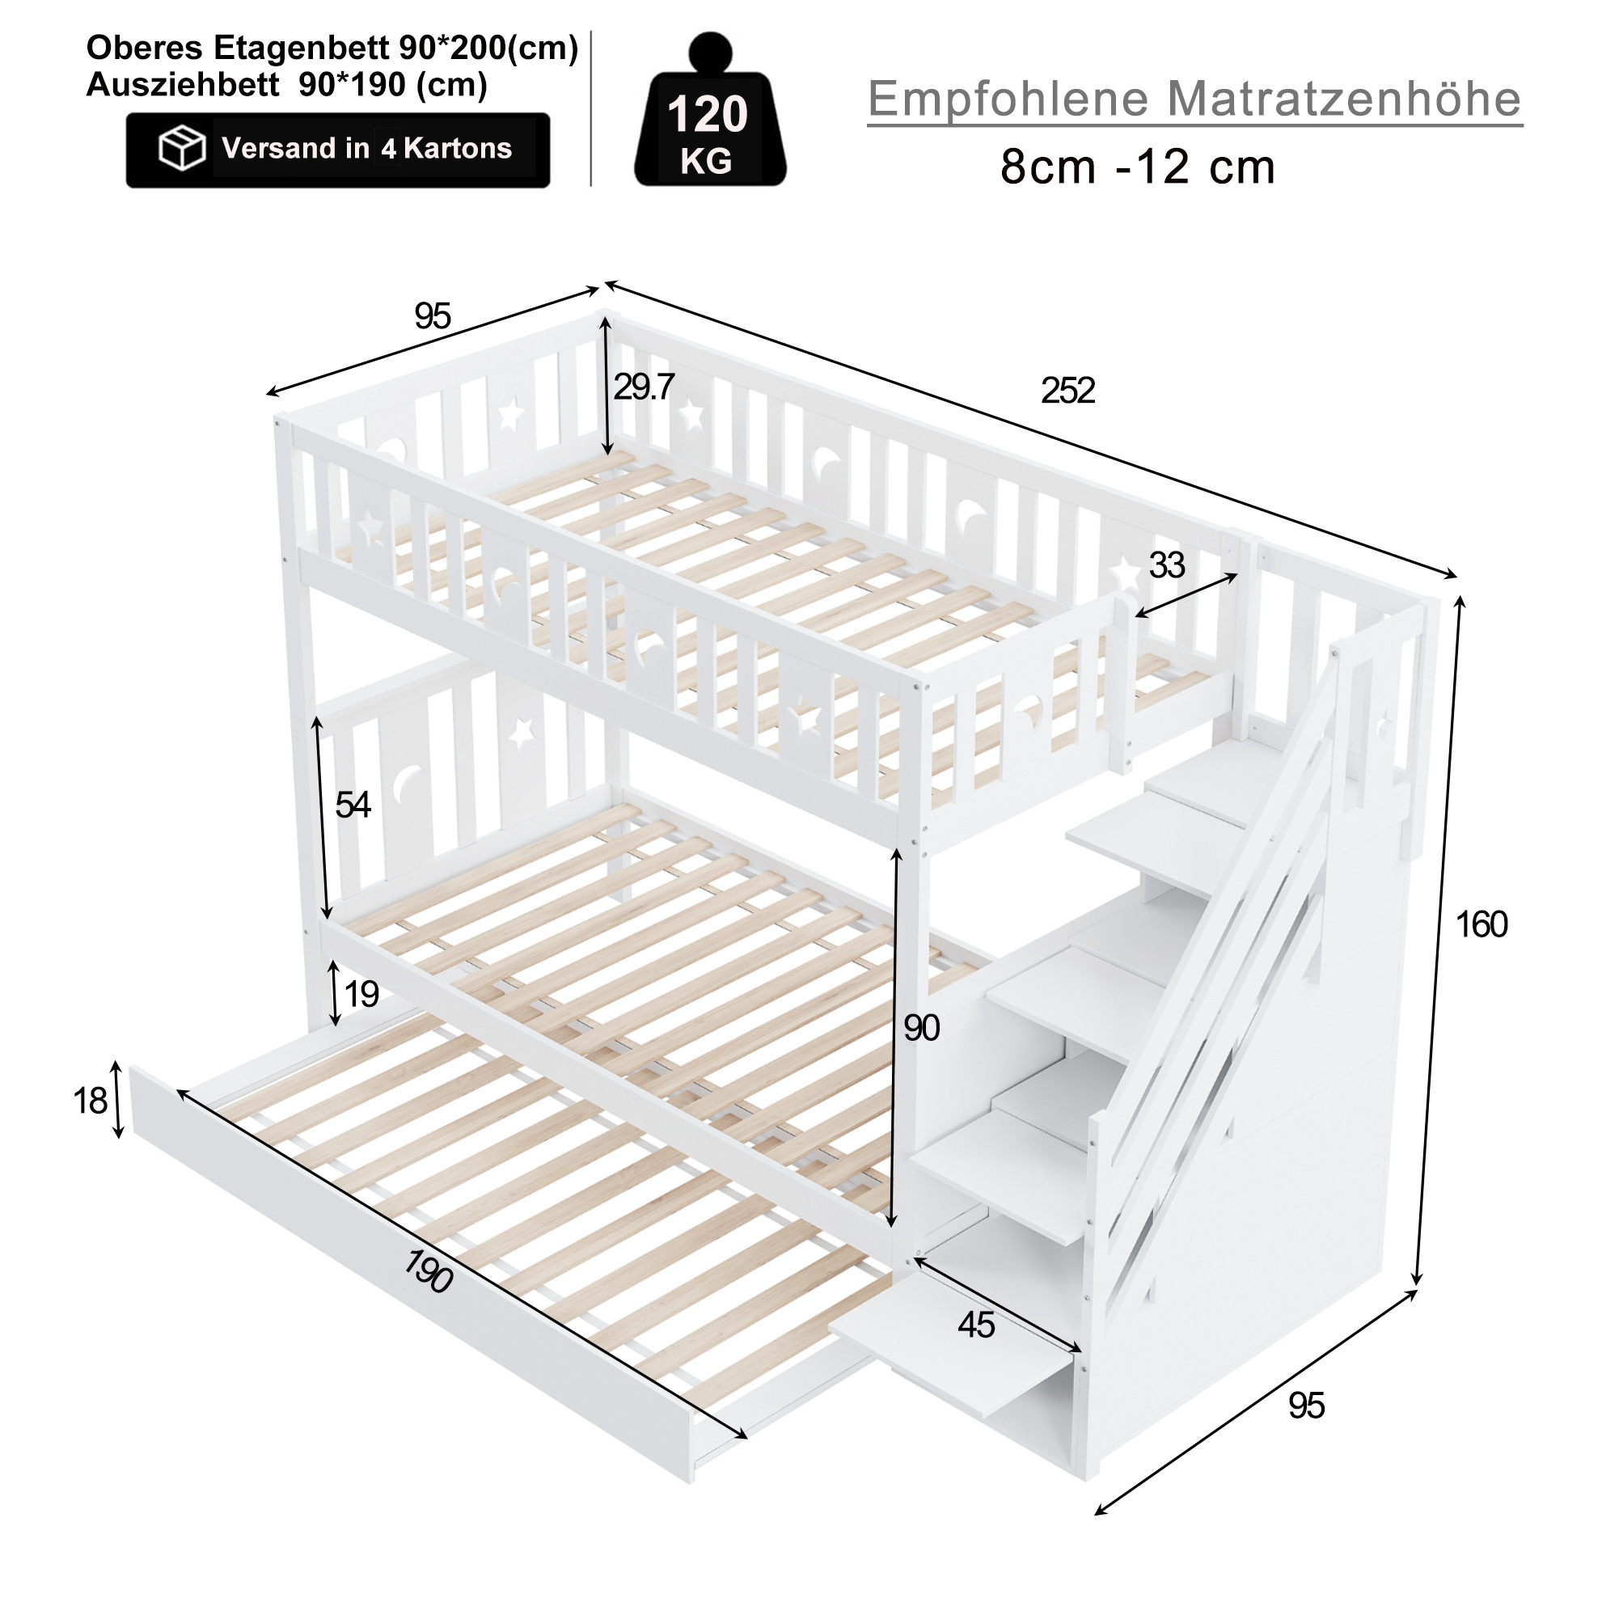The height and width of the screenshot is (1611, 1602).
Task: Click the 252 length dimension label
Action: (x=1067, y=391)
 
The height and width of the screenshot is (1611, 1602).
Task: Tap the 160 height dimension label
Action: (x=1481, y=924)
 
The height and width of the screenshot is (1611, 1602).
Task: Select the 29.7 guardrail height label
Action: (x=643, y=387)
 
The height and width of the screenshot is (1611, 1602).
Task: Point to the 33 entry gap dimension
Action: (x=1167, y=565)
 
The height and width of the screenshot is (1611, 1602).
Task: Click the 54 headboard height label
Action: (x=353, y=805)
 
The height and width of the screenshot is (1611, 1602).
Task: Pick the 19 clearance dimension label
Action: (x=361, y=994)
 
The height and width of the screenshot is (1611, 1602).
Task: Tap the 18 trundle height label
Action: (x=90, y=1101)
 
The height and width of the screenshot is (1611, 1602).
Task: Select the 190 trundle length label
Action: (x=429, y=1271)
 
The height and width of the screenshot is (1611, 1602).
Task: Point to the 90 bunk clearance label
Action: (x=922, y=1028)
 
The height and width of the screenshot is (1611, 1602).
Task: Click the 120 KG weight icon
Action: (x=710, y=109)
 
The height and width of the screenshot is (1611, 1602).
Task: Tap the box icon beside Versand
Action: (x=182, y=149)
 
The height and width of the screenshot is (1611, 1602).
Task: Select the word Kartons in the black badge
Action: (x=458, y=149)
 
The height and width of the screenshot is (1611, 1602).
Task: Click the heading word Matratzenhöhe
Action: (x=1344, y=99)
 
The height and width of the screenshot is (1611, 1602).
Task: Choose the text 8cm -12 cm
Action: (x=1138, y=167)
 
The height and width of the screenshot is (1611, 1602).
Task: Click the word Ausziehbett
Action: (x=183, y=84)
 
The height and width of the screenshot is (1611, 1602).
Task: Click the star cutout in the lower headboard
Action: (x=522, y=733)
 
